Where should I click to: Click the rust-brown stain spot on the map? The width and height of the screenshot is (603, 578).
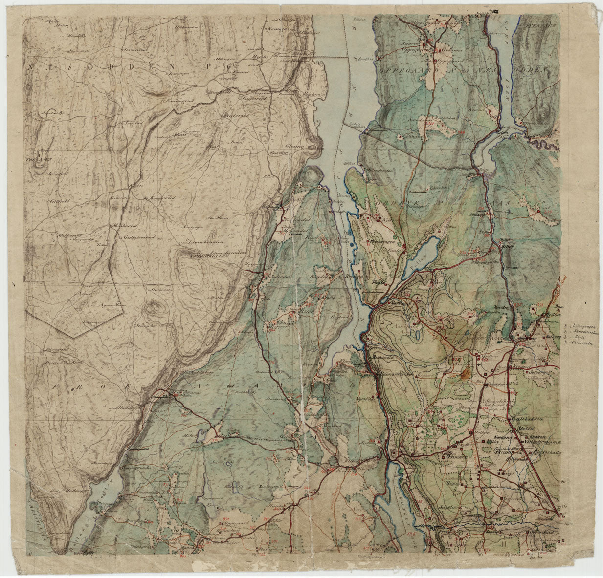(464, 374)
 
